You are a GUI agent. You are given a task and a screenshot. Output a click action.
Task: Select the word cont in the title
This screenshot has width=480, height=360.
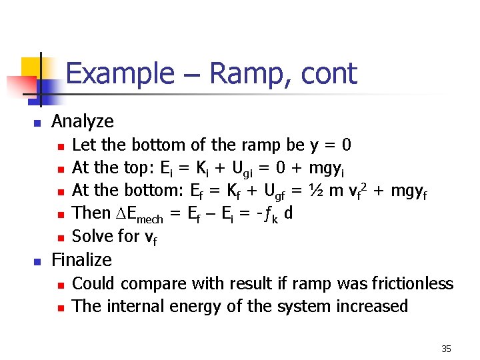329,73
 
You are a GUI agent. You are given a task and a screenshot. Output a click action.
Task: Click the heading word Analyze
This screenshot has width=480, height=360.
83,121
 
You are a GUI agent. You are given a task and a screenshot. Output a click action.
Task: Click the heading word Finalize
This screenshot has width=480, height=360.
82,259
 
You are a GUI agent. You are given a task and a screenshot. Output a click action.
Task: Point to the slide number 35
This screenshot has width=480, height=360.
446,349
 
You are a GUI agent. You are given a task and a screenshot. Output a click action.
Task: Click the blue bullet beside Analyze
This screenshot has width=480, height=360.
38,123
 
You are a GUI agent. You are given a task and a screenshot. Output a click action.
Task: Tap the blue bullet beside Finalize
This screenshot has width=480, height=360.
38,261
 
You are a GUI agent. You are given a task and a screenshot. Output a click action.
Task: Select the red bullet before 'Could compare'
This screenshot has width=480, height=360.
60,285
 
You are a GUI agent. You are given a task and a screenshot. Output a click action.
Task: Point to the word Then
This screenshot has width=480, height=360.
91,213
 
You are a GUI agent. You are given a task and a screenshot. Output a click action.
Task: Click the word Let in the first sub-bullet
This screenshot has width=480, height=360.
82,145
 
